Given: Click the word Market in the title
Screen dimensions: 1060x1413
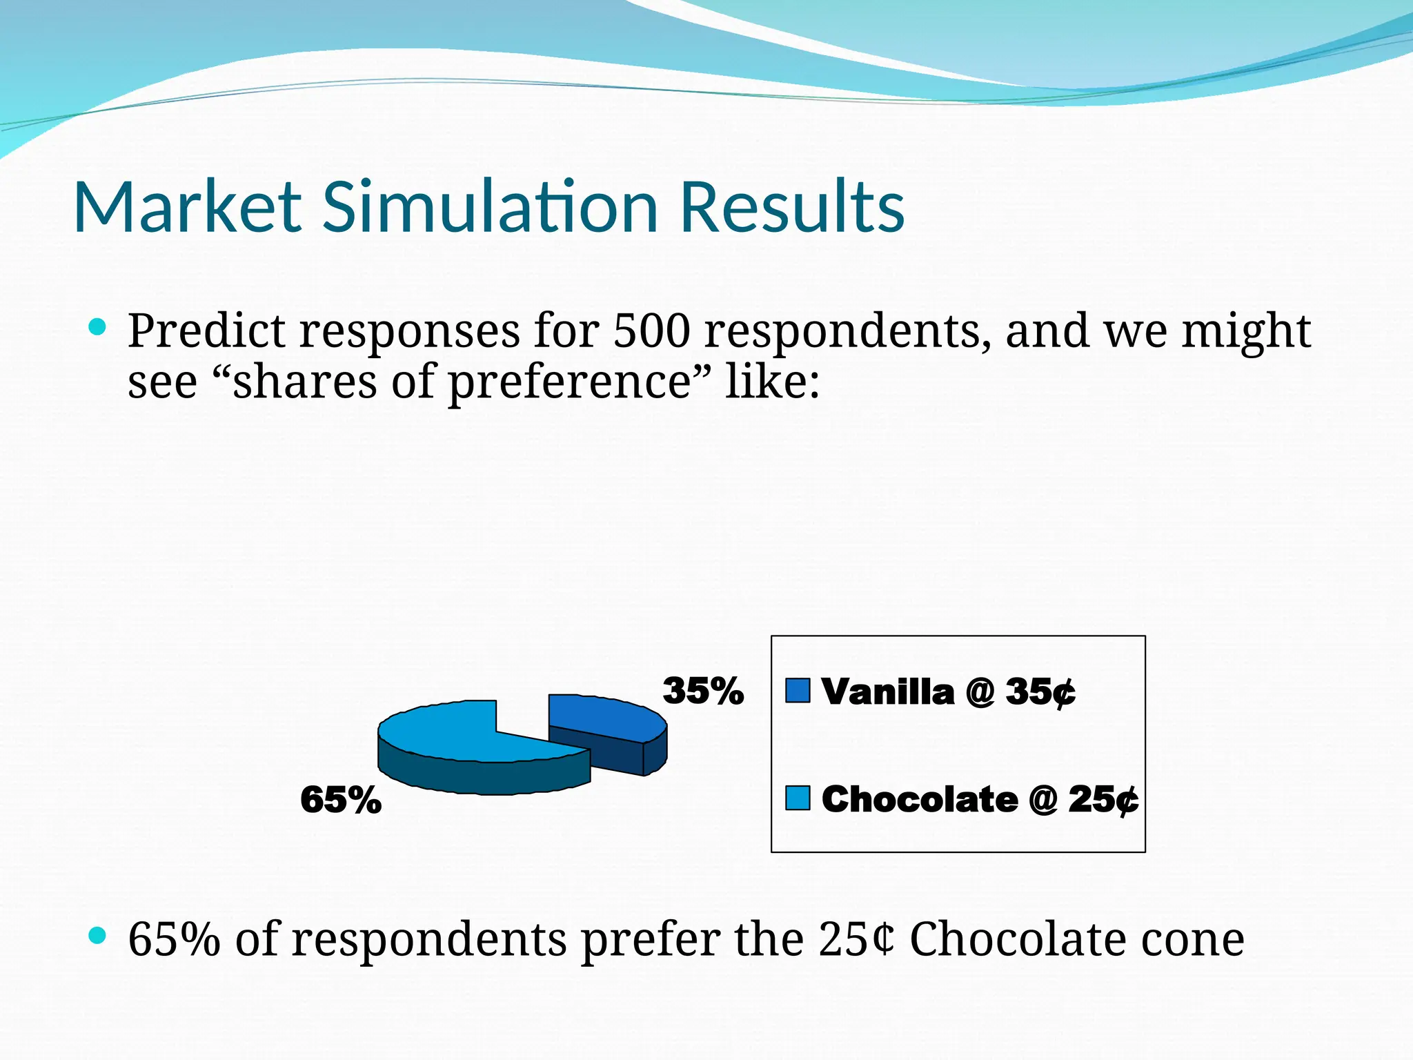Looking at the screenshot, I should click(x=188, y=207).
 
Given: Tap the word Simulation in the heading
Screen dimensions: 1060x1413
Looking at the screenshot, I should click(x=490, y=207).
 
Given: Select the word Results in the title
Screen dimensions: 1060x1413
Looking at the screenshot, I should click(x=791, y=207).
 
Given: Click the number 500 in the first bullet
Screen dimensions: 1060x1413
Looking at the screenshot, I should click(x=651, y=331).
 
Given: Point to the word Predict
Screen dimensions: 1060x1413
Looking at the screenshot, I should click(x=206, y=331).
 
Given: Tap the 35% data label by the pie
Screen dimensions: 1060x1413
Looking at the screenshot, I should click(x=703, y=691).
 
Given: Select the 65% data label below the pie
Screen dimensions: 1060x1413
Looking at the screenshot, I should click(x=341, y=801).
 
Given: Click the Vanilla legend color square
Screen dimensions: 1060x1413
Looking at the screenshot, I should click(x=798, y=691).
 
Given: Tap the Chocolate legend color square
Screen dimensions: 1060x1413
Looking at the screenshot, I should click(x=798, y=798).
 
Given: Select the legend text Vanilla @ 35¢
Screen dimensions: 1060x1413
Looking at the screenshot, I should click(x=948, y=692).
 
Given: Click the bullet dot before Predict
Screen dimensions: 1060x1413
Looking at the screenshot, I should click(x=98, y=327).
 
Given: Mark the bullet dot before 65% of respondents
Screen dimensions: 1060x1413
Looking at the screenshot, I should click(x=98, y=936).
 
